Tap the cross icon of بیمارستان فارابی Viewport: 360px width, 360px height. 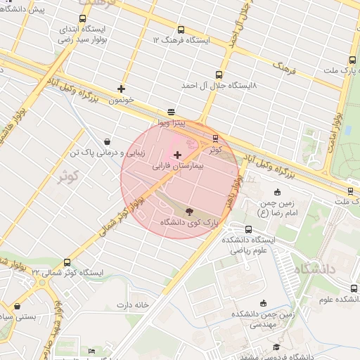tap(176, 154)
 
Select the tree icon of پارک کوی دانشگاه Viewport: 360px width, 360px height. tap(189, 210)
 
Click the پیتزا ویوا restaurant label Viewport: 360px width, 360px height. tap(171, 123)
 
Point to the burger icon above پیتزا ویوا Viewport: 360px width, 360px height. tap(171, 112)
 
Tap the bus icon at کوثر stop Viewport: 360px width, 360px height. tap(215, 139)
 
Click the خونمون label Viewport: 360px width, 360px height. tap(121, 101)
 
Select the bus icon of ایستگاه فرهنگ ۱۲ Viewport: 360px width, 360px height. tap(181, 30)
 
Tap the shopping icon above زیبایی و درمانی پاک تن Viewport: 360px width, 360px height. tap(106, 141)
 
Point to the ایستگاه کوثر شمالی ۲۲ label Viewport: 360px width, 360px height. tap(67, 273)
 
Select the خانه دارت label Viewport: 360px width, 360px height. tap(134, 305)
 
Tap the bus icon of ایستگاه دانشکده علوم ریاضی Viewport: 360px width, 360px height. tap(248, 229)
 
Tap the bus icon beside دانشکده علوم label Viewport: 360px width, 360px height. tap(353, 288)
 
